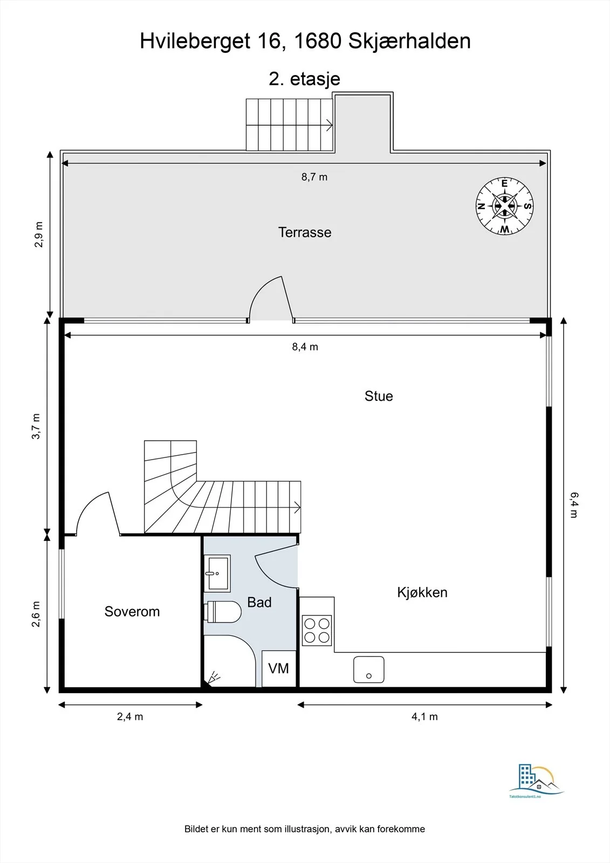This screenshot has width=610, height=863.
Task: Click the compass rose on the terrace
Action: point(504,206)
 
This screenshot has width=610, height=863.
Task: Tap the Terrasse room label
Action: point(304,232)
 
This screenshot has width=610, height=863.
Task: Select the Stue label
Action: point(379,396)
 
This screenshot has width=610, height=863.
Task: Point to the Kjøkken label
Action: point(422,593)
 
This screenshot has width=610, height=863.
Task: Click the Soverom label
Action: point(132,612)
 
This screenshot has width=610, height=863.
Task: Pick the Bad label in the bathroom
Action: point(259,602)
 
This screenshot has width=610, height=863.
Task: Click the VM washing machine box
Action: point(279,668)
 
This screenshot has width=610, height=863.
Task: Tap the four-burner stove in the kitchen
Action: point(317,631)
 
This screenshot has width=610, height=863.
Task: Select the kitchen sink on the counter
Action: point(369,669)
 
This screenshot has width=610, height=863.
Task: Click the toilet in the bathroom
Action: point(223,612)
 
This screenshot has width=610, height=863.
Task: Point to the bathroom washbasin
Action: point(217,573)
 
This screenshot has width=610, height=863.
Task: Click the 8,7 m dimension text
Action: point(314,177)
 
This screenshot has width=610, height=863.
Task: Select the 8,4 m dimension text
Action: point(305,347)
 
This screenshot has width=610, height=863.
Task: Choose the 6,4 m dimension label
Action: point(574,505)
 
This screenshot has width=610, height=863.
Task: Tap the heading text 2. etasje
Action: point(304,79)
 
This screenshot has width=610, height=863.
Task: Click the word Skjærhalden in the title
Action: point(409,41)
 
